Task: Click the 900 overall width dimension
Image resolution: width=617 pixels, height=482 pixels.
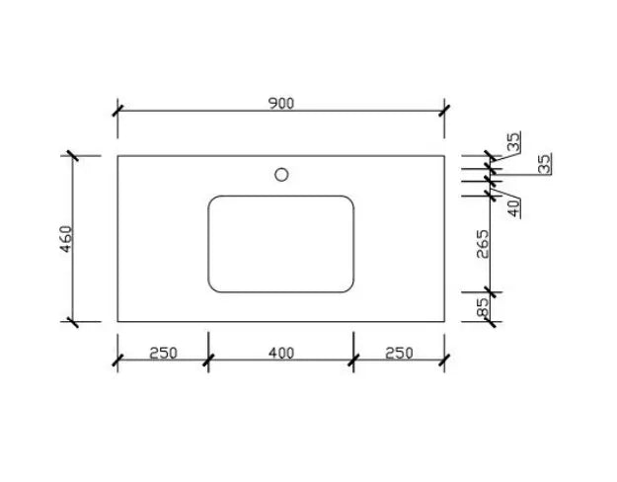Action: point(281,102)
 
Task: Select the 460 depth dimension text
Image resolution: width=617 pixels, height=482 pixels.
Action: point(66,239)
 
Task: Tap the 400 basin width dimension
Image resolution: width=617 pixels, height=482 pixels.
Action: point(280,353)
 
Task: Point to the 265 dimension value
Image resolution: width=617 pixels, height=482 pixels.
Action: point(483,243)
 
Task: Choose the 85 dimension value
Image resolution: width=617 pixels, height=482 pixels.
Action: point(483,308)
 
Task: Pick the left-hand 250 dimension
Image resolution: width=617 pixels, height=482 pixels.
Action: point(163,353)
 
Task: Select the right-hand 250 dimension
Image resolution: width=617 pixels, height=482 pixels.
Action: point(399,353)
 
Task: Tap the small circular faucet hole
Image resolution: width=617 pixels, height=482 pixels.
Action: point(281,175)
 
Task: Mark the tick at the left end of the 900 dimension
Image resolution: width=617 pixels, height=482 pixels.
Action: point(117,110)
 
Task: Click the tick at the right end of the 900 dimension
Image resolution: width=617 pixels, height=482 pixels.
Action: point(444,110)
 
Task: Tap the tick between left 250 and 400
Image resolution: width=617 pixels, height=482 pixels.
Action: point(208,361)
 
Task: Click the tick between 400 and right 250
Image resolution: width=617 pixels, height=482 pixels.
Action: point(353,361)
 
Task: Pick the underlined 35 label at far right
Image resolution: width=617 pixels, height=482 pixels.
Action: point(544,163)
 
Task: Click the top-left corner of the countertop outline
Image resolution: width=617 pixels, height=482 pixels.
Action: point(117,155)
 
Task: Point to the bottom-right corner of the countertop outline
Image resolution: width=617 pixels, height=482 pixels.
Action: point(444,321)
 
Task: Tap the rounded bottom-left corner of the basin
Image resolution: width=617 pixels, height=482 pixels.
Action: point(214,286)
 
